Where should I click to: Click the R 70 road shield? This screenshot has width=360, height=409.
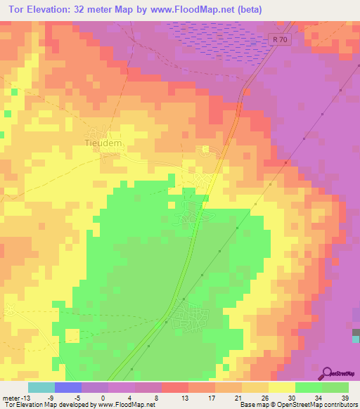[x=279, y=41]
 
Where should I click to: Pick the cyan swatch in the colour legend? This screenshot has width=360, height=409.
[x=41, y=387]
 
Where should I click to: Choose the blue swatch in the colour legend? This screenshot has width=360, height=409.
[x=67, y=387]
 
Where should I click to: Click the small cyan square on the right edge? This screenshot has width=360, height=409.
[x=356, y=339]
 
